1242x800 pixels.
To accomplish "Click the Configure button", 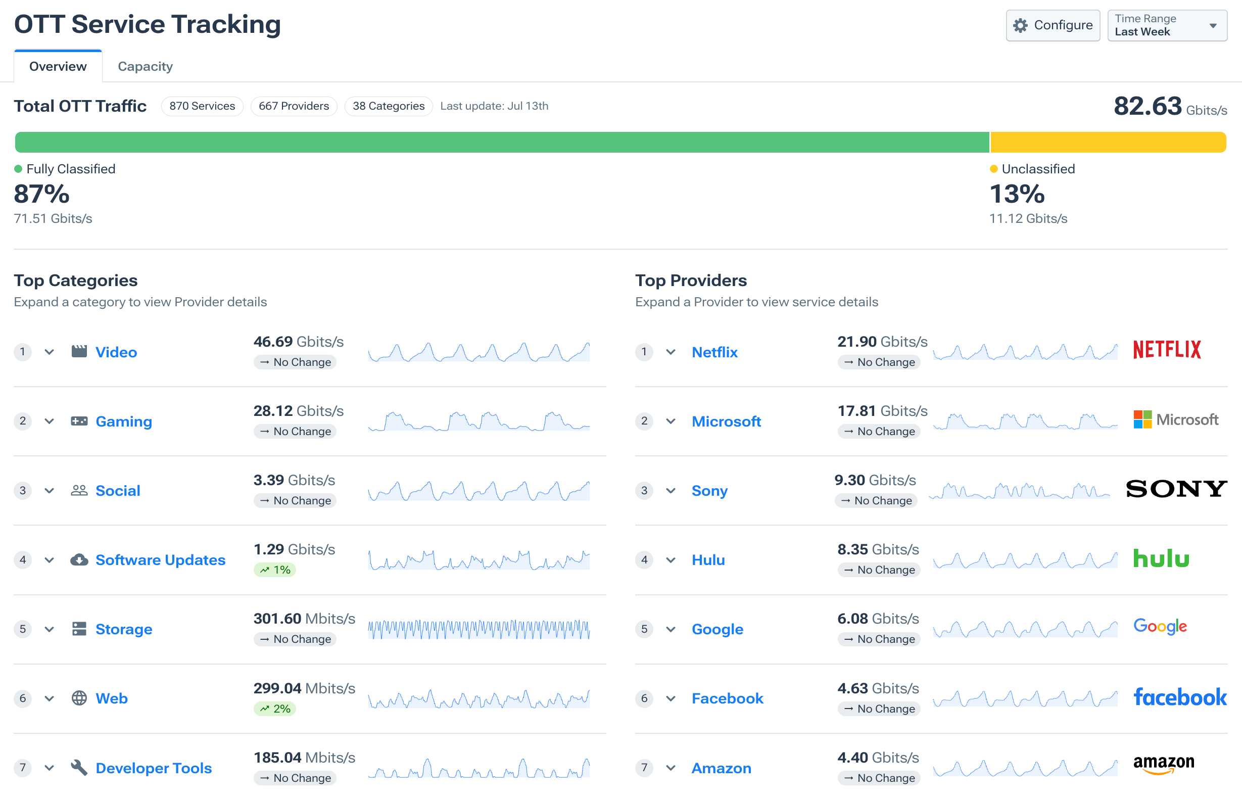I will tap(1053, 25).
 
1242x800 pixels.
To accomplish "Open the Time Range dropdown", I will tap(1167, 25).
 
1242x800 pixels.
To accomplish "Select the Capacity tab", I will tap(145, 67).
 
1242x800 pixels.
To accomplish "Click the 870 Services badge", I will tap(202, 106).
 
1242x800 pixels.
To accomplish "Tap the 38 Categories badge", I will tap(389, 106).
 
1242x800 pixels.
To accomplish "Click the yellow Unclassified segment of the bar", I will tap(1108, 142).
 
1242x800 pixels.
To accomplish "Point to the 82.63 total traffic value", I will tap(1148, 106).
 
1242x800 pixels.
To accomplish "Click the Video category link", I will tap(116, 352).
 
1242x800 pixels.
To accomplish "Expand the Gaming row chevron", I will tap(50, 421).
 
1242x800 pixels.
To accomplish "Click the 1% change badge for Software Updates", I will tap(275, 570).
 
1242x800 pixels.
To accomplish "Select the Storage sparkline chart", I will tap(479, 629).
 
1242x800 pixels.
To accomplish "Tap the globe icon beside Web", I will tap(79, 698).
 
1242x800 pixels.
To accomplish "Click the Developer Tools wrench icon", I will tap(79, 767).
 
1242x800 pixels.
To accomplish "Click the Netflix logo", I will tap(1167, 350).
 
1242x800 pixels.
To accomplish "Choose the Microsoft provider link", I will tap(726, 421).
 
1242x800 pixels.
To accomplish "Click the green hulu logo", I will tap(1161, 558).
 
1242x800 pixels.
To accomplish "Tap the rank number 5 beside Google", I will tap(644, 629).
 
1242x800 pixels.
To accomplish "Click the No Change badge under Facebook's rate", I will tap(879, 709).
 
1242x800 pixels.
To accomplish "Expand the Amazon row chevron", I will tap(671, 767).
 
